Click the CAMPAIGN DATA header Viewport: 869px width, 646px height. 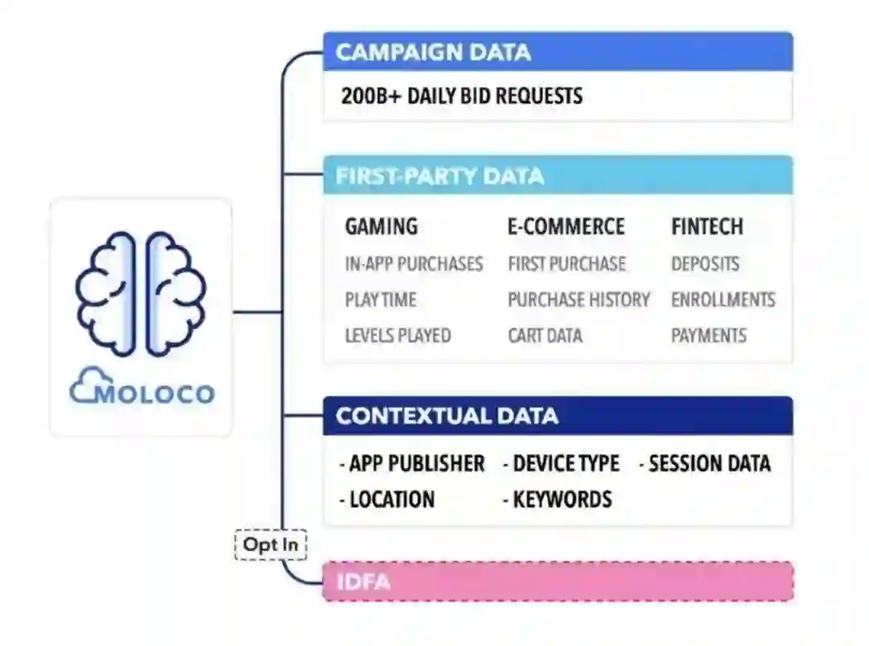tap(433, 52)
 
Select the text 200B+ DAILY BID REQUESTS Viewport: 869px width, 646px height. tap(461, 96)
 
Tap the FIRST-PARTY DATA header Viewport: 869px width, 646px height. tap(439, 176)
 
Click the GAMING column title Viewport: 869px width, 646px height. tap(381, 227)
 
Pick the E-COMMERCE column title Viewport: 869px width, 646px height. tap(566, 227)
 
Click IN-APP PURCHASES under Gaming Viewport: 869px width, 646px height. tap(414, 264)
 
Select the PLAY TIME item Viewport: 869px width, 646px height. tap(381, 300)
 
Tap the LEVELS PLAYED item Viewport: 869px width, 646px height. tap(397, 335)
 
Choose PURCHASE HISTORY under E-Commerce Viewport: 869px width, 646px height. tap(579, 300)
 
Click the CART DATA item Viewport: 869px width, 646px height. tap(545, 335)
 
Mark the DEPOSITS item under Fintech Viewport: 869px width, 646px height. tap(705, 264)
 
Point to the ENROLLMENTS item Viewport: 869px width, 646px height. tap(723, 300)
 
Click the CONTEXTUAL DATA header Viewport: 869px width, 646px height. tap(447, 416)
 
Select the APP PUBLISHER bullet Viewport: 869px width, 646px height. tap(413, 464)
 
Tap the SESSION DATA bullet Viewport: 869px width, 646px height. tap(706, 464)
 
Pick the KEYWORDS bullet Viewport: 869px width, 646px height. tap(558, 499)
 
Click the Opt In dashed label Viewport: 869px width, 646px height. tap(271, 545)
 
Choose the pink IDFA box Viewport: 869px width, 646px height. tap(558, 582)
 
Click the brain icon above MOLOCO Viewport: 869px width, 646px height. tap(141, 293)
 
